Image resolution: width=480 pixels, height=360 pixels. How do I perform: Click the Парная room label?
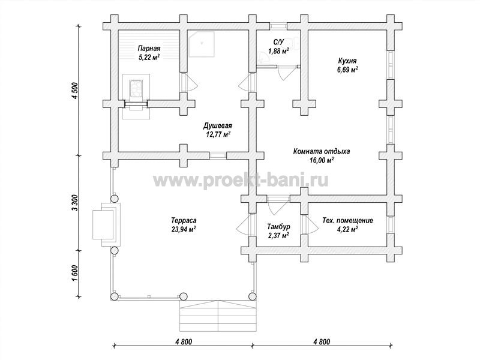(x=149, y=49)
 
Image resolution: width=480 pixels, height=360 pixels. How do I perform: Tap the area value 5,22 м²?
(x=149, y=57)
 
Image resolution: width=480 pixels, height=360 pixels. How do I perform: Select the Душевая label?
(x=218, y=126)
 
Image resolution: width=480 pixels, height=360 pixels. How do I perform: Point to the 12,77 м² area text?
(x=218, y=134)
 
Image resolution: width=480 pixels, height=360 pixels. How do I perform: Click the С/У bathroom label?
(x=278, y=43)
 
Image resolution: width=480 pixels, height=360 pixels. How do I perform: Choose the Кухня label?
(x=347, y=61)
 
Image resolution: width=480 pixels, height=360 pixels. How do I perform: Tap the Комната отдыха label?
(x=322, y=151)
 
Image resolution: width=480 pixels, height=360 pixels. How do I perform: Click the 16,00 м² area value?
(x=322, y=160)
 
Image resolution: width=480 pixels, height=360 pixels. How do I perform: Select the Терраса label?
(x=184, y=220)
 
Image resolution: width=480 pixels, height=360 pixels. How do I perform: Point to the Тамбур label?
(x=278, y=227)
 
